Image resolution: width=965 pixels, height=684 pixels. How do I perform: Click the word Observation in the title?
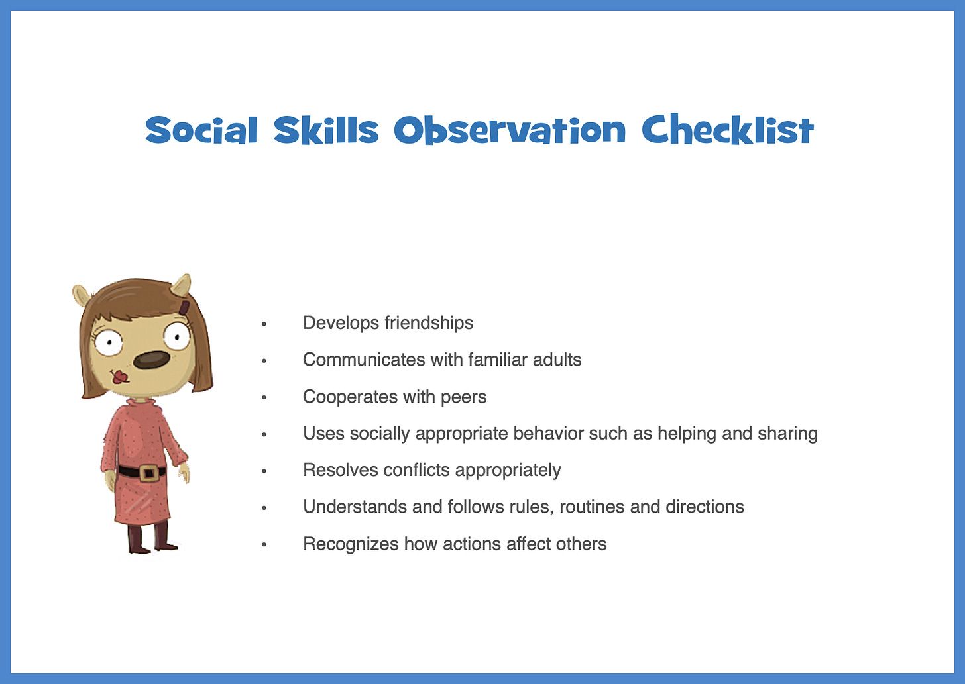tap(509, 130)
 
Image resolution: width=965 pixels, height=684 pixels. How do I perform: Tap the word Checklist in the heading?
tap(727, 129)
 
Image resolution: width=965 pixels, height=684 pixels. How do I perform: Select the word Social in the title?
tap(201, 130)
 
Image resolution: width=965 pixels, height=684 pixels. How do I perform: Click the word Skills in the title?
tap(325, 129)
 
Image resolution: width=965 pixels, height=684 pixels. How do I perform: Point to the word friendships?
tap(429, 323)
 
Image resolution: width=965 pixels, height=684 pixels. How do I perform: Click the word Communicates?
tap(364, 360)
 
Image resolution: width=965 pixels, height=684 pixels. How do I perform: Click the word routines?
tap(592, 507)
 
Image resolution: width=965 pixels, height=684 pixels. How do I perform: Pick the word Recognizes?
tap(351, 544)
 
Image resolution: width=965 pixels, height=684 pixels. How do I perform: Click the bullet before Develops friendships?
tap(264, 324)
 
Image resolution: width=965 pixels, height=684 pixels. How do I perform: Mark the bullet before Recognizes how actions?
tap(264, 545)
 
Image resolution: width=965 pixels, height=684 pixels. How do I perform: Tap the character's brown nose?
tap(150, 360)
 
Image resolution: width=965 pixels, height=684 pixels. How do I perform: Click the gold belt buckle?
tap(148, 473)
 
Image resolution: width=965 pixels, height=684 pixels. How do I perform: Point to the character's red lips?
tap(120, 377)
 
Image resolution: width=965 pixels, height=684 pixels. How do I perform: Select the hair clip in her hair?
tap(184, 307)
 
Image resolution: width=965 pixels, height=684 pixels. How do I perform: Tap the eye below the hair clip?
tap(176, 337)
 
